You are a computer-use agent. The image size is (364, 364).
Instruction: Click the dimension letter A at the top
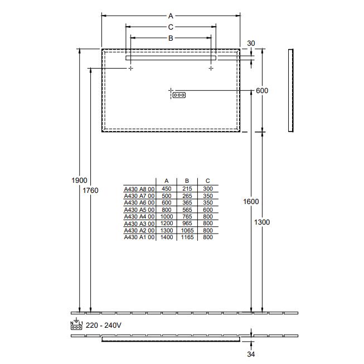point(171,16)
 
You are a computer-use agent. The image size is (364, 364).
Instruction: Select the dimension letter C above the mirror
point(171,27)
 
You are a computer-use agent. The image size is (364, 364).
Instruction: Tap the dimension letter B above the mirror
point(171,38)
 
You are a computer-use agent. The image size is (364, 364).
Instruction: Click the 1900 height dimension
point(80,180)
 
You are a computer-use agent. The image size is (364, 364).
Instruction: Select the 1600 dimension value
point(251,201)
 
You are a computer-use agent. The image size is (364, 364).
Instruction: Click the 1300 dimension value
point(261,222)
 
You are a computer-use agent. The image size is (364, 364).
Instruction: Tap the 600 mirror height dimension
point(262,91)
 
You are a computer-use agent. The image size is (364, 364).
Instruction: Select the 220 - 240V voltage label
point(104,324)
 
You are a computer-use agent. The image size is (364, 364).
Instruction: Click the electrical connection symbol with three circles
point(179,95)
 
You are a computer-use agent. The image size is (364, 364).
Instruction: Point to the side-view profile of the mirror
point(290,91)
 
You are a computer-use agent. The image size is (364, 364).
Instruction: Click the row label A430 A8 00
point(139,189)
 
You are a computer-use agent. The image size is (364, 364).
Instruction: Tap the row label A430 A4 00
point(139,216)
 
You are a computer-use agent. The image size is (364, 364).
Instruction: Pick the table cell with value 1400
point(167,237)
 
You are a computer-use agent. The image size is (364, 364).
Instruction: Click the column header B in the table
point(187,181)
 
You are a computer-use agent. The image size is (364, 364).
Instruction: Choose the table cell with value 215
point(187,189)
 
